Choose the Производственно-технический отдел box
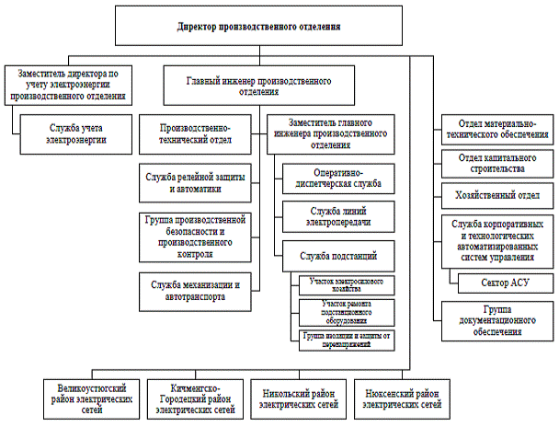pos(195,133)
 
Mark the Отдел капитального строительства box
pos(497,164)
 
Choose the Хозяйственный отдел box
pos(497,195)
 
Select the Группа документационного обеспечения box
pos(496,317)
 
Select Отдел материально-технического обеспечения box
pos(497,128)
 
